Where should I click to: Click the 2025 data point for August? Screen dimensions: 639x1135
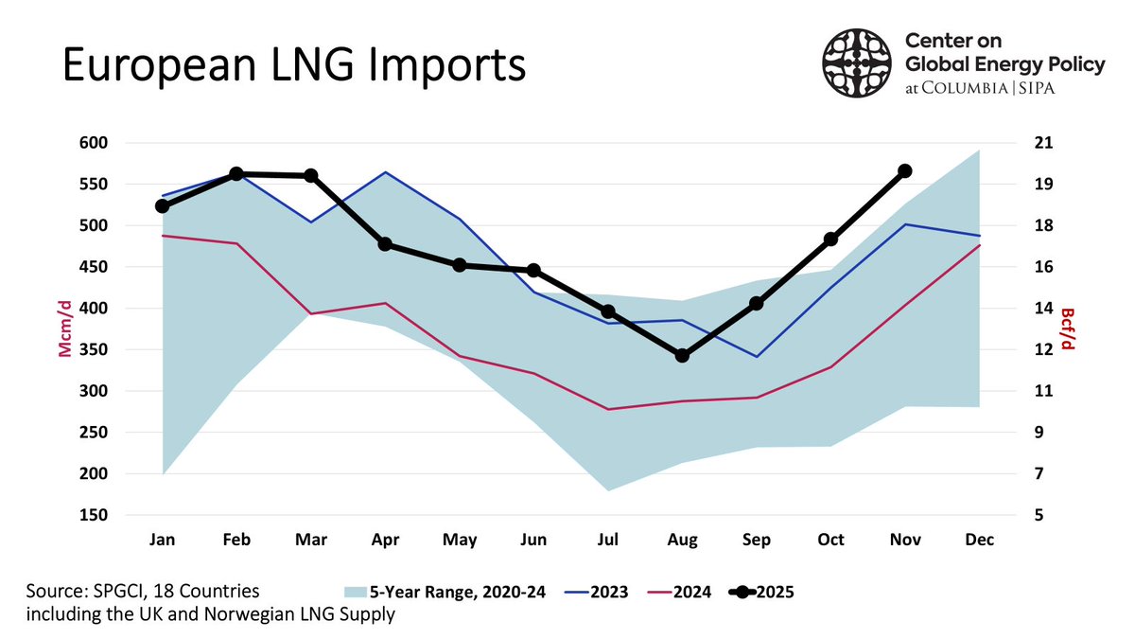pos(682,355)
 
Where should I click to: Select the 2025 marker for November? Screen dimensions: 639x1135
pos(904,170)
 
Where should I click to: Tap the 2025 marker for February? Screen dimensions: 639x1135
pos(236,173)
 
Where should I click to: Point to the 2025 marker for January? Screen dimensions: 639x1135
pos(163,205)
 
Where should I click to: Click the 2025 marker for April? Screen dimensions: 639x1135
pos(385,244)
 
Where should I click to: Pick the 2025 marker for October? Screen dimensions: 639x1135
pos(830,240)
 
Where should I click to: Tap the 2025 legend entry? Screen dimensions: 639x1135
pos(761,593)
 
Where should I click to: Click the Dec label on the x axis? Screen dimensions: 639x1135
pos(978,540)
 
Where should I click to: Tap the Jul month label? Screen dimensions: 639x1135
pos(608,540)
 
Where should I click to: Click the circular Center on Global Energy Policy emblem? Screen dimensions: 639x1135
pos(857,63)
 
